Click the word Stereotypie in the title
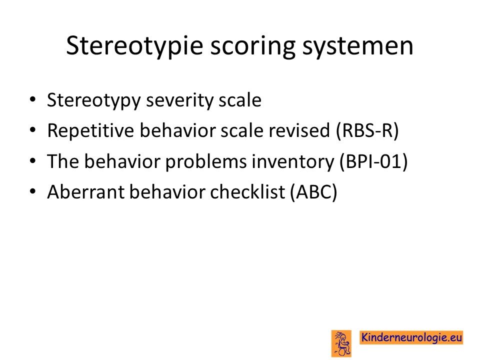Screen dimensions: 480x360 coord(134,46)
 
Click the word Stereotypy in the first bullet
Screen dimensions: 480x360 coord(93,100)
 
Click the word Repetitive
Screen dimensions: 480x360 coord(90,130)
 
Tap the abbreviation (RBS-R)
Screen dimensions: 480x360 coord(367,130)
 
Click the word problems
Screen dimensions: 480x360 coord(205,161)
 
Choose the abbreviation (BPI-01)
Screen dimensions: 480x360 coord(374,161)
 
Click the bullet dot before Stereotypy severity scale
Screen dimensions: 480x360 coord(32,100)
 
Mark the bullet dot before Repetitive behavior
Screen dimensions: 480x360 coord(32,130)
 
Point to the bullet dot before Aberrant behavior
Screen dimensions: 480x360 coord(32,191)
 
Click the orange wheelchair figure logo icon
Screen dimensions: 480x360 coord(341,343)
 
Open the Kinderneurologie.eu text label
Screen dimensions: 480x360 coord(411,337)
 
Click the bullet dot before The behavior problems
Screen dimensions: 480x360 coord(32,161)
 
